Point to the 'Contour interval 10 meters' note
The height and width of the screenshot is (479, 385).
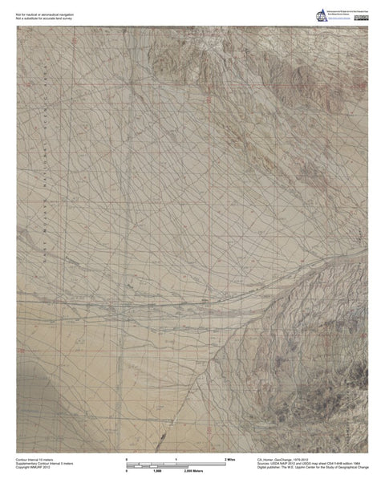point(37,459)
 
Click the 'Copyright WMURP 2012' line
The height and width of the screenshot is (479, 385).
point(33,468)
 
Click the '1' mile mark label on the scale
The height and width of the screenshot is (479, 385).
point(176,459)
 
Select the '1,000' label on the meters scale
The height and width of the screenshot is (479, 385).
point(157,471)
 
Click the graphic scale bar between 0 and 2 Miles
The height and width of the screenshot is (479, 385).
point(176,465)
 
